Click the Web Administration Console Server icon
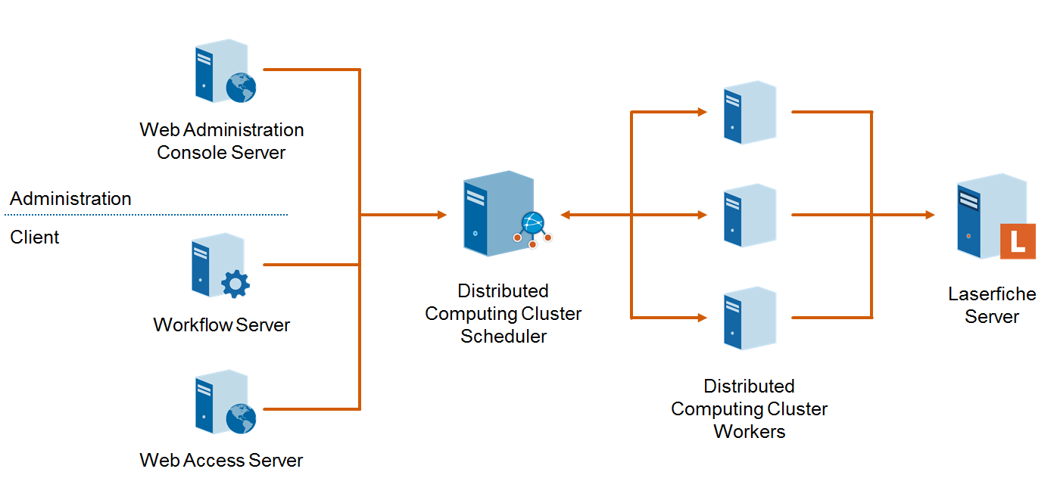[x=222, y=73]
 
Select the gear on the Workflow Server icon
[x=235, y=284]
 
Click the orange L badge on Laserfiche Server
[x=1017, y=242]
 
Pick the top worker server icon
[x=749, y=112]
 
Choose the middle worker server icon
[x=749, y=215]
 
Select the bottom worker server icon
[x=749, y=318]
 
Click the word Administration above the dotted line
[x=70, y=199]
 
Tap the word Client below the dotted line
[x=35, y=238]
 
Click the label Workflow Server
[x=222, y=325]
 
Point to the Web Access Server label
[x=221, y=461]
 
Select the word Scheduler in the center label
[x=504, y=337]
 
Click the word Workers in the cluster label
[x=749, y=432]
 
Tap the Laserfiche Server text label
[x=991, y=305]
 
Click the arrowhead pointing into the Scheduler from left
[x=442, y=215]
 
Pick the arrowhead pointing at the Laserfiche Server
[x=930, y=215]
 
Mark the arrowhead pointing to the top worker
[x=702, y=112]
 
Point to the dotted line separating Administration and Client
[x=148, y=215]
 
